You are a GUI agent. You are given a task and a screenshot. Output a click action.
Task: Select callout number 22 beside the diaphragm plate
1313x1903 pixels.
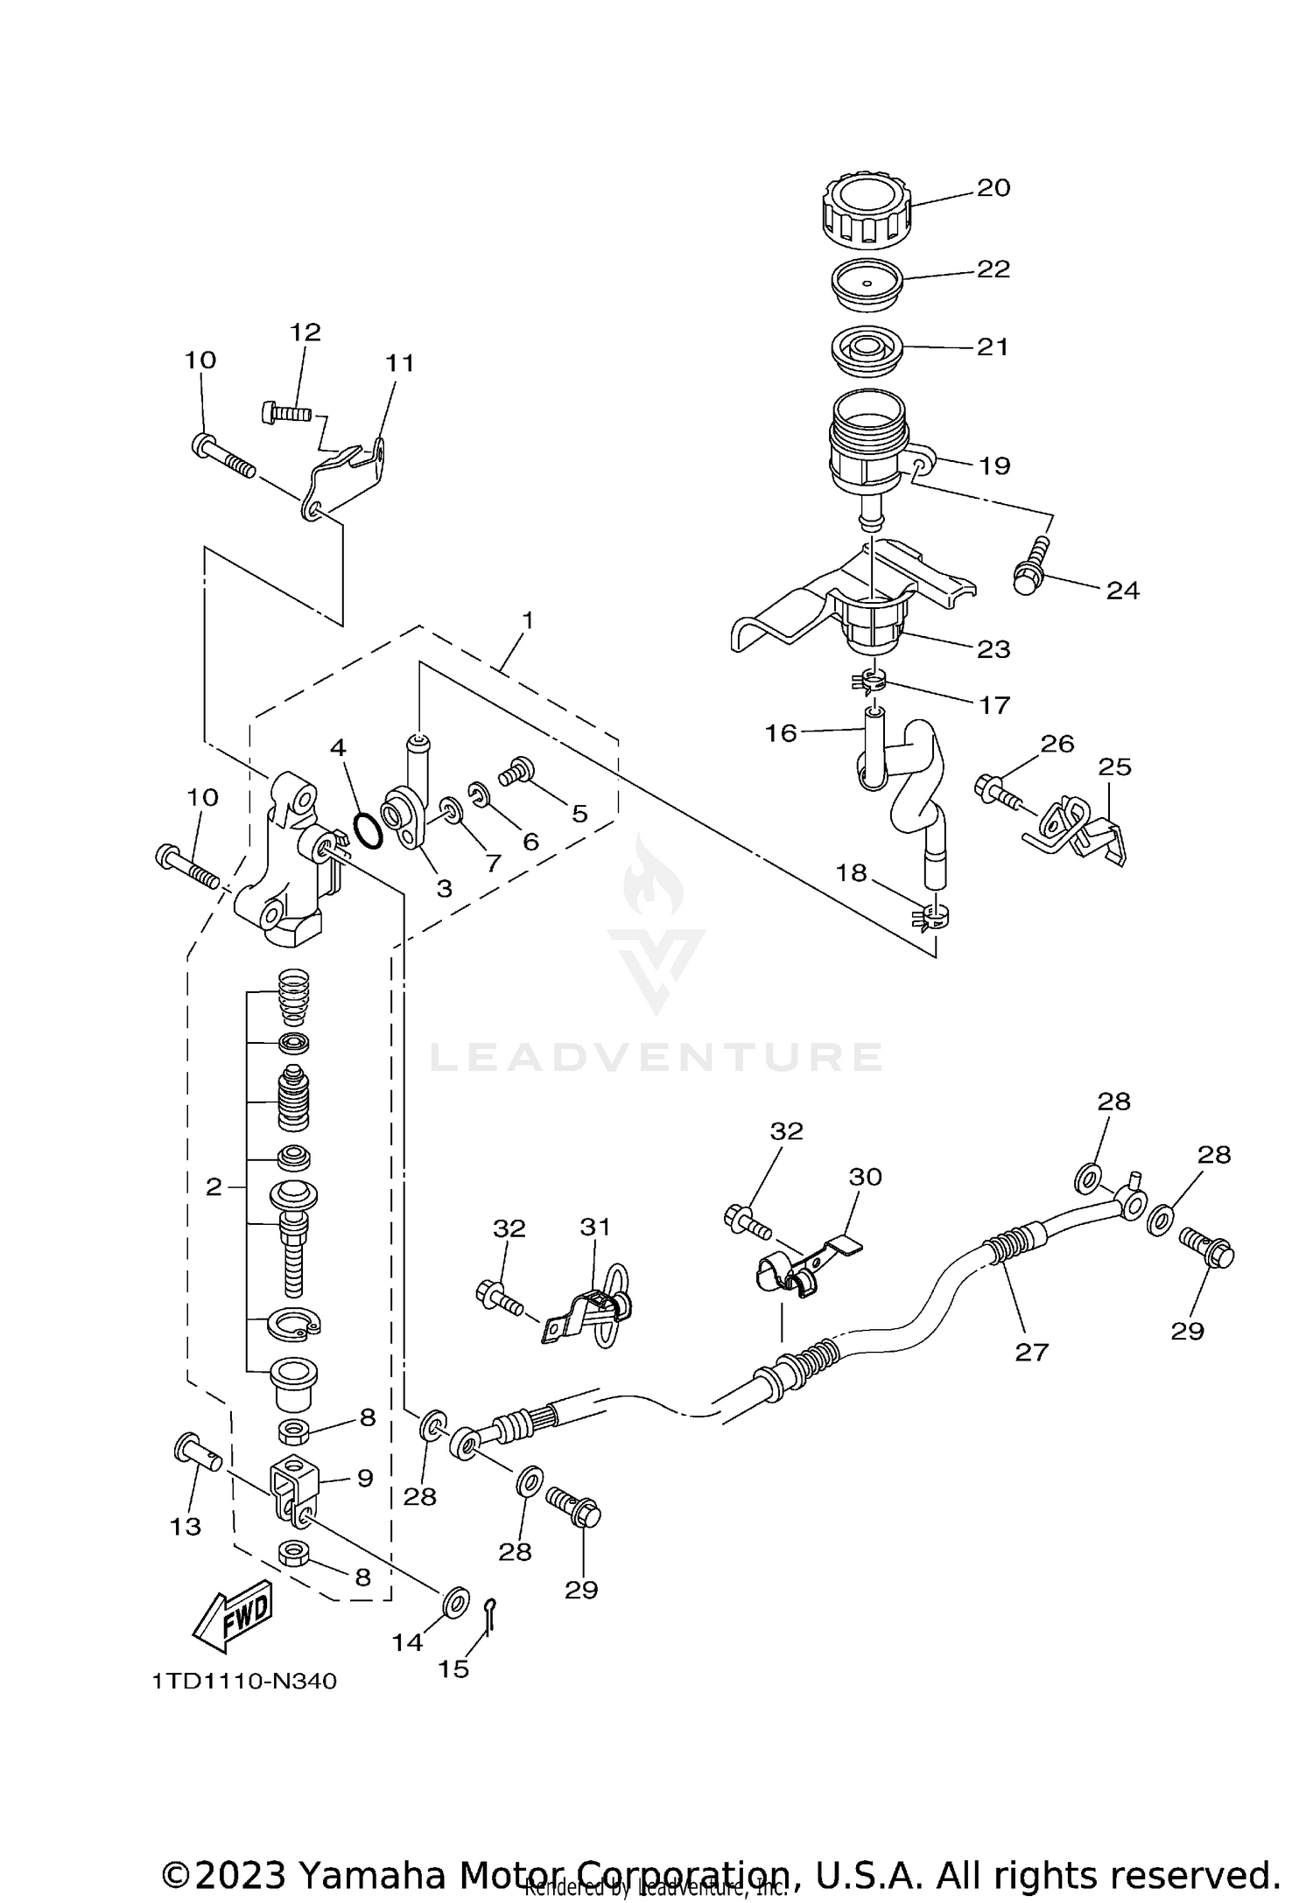pos(994,269)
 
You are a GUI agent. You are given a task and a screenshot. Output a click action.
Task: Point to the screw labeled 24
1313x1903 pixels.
pos(1033,564)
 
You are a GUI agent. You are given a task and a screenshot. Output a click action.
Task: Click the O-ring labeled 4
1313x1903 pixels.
pos(368,829)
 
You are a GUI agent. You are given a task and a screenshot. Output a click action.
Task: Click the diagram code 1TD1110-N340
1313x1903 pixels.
pos(244,1682)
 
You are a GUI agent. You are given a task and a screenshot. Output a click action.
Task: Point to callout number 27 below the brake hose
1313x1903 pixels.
pos(1031,1352)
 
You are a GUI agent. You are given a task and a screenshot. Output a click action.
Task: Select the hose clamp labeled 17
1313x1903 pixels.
pos(872,681)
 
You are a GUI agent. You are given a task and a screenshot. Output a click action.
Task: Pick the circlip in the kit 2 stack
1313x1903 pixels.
pos(292,1324)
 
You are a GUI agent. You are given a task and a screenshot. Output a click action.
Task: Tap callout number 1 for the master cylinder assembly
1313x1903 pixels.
pos(528,620)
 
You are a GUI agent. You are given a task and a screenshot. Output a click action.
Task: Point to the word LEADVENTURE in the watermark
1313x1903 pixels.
pos(656,1057)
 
